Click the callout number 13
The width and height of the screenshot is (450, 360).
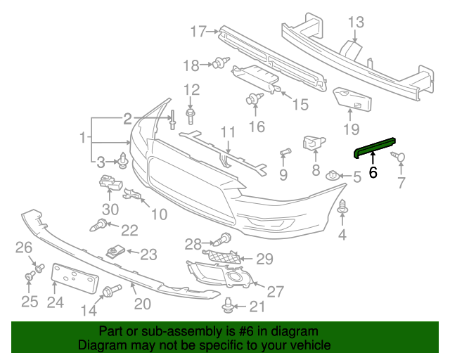point(355,22)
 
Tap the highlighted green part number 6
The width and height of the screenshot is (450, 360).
point(373,171)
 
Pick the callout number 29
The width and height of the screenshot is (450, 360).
point(264,259)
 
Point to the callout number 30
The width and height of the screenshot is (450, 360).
point(110,209)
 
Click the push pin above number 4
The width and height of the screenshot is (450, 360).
point(343,207)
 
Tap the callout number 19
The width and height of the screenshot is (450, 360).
point(351,129)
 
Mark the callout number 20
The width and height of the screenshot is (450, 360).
point(143,304)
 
